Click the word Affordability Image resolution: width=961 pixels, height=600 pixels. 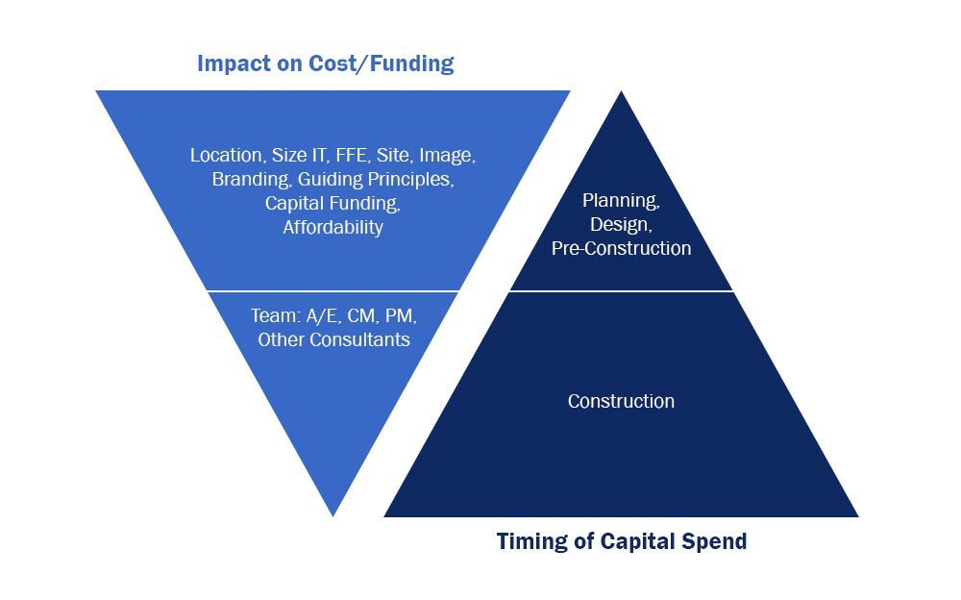click(333, 227)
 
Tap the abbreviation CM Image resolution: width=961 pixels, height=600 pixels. click(362, 315)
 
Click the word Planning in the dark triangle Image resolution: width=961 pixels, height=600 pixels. click(621, 201)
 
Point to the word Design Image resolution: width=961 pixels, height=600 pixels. click(621, 225)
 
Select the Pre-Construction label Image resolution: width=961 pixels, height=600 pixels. click(621, 248)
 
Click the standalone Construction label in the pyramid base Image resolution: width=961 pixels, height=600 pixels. click(621, 401)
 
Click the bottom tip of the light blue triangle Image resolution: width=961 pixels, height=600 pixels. click(333, 516)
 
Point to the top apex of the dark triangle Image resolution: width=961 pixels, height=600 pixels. click(622, 92)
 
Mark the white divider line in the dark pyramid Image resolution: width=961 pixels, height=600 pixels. click(622, 290)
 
